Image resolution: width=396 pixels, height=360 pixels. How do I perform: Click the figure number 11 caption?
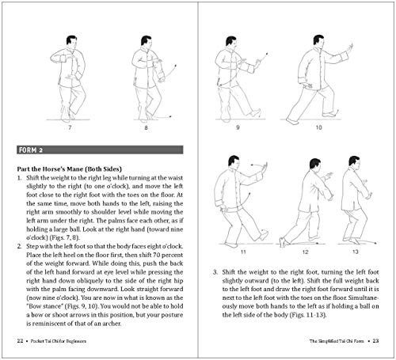[245, 252]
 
